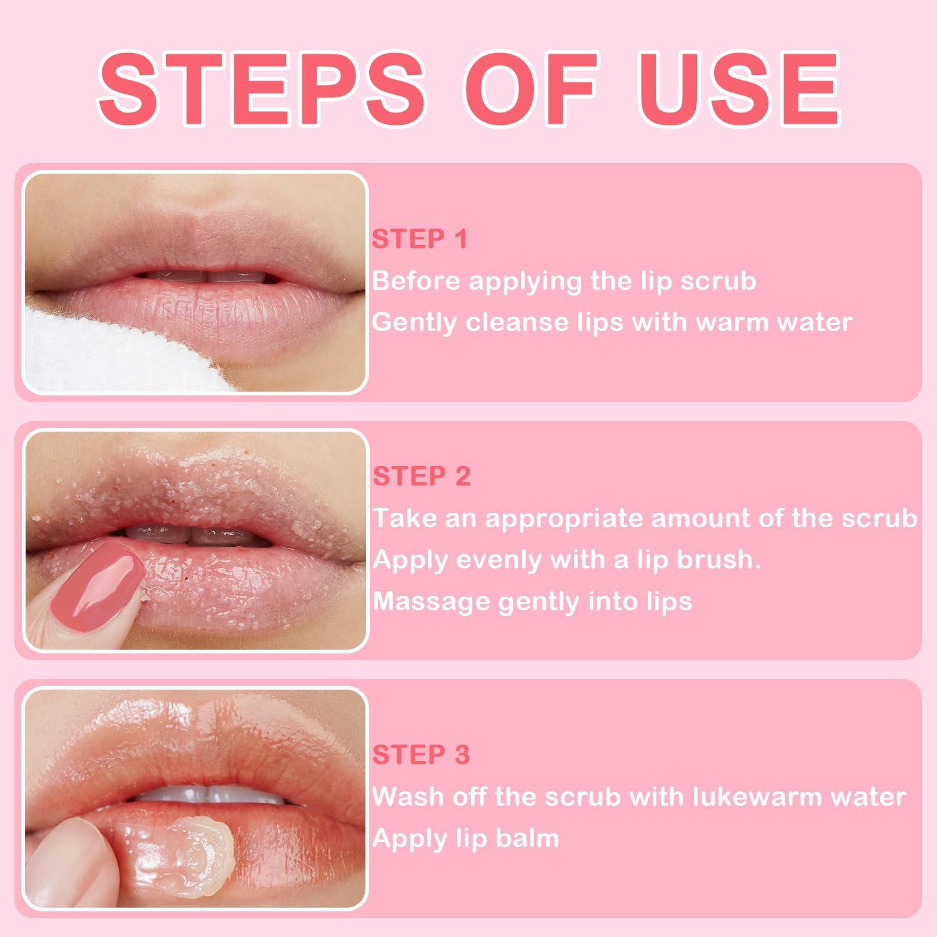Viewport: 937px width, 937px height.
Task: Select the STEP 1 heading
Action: tap(419, 239)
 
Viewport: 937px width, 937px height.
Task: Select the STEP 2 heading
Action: tap(421, 477)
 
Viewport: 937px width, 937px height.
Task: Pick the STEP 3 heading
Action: tap(420, 755)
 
